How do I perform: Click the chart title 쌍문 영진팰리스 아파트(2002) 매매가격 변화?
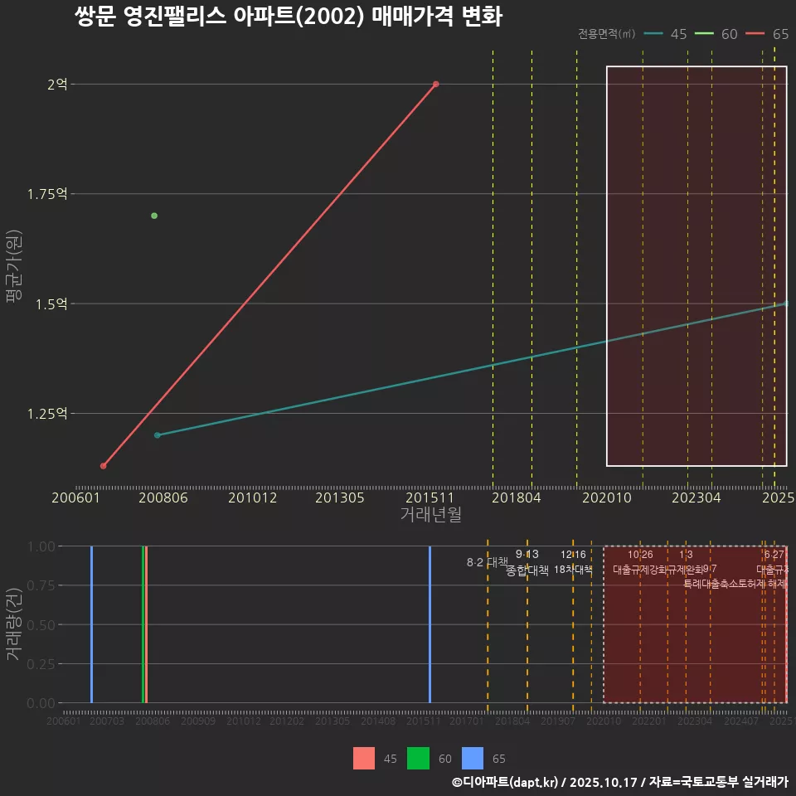[288, 17]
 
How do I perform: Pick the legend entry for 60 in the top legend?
[717, 34]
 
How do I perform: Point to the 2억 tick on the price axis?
[57, 84]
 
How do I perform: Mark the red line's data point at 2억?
[435, 84]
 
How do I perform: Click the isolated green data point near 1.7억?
[154, 216]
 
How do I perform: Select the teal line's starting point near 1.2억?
[157, 435]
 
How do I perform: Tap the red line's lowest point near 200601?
[103, 466]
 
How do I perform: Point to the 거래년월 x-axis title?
[430, 514]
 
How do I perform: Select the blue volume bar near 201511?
[430, 624]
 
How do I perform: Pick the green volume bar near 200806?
[143, 624]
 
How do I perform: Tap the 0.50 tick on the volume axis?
[41, 624]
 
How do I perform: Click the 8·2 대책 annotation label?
[487, 562]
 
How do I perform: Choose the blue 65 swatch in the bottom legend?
[472, 758]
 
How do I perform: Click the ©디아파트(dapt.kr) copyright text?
[505, 782]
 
